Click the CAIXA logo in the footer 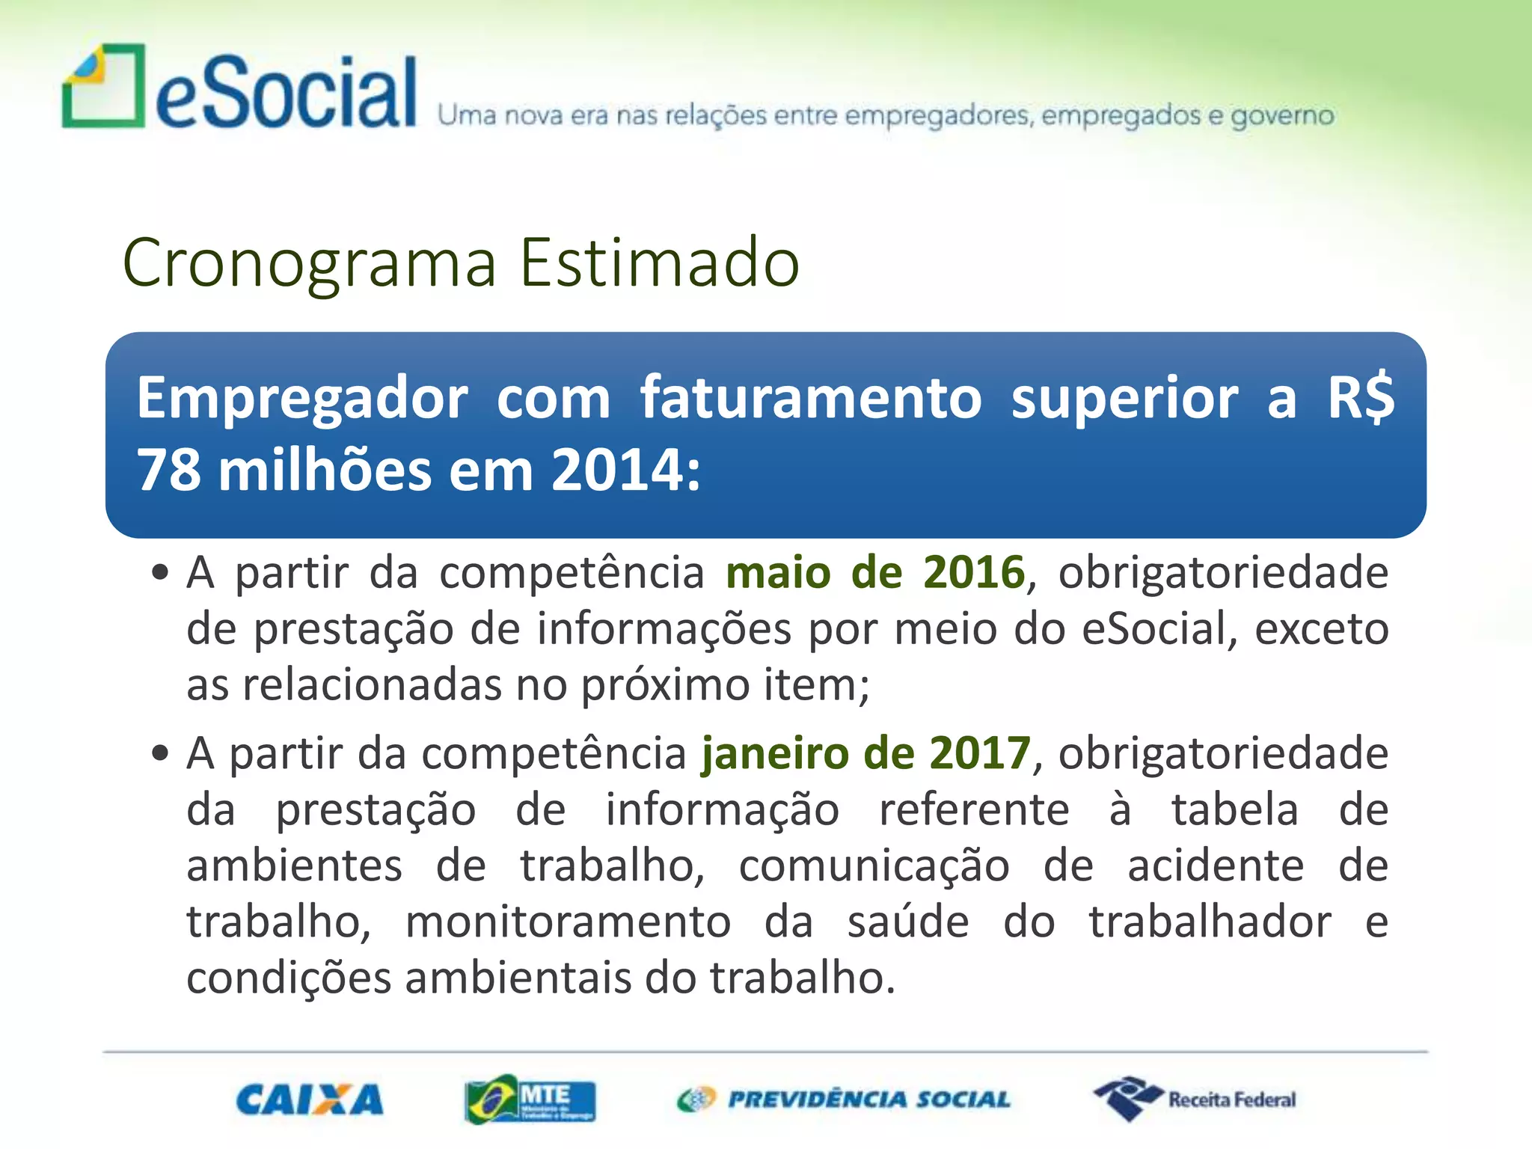[x=310, y=1100]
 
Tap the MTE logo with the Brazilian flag [x=530, y=1099]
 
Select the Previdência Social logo [x=844, y=1099]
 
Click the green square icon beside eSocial [x=103, y=86]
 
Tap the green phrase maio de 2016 [x=874, y=573]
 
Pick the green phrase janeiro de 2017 [x=866, y=753]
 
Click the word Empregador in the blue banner [x=302, y=399]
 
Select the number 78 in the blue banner [x=168, y=471]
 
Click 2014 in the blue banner [x=617, y=471]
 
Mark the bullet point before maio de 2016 [x=159, y=574]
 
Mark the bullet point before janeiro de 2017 [x=159, y=753]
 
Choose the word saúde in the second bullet [x=908, y=922]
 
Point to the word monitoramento [x=568, y=922]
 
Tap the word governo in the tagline [x=1282, y=116]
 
